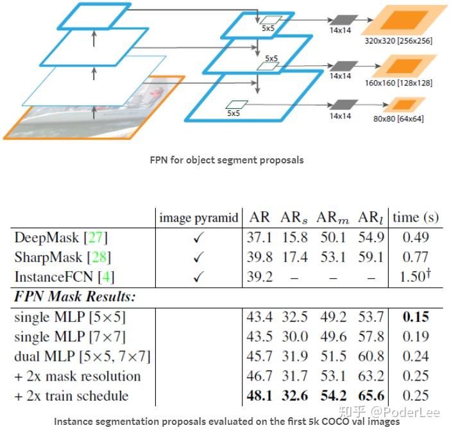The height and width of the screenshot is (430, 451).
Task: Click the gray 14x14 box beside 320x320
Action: (341, 21)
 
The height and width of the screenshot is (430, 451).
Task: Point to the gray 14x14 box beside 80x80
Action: (341, 104)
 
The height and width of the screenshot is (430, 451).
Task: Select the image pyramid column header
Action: (198, 217)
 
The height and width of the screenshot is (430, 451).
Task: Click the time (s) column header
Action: (416, 217)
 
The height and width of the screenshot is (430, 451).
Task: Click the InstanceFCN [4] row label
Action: (62, 277)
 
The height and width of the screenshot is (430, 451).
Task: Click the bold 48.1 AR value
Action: (259, 395)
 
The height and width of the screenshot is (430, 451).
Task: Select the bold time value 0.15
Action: (416, 317)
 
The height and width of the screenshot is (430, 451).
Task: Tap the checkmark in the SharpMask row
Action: (198, 258)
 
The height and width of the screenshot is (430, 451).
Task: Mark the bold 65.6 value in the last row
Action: (371, 395)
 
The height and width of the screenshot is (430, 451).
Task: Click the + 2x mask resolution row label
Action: (77, 376)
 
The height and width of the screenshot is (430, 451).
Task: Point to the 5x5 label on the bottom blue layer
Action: (234, 113)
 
